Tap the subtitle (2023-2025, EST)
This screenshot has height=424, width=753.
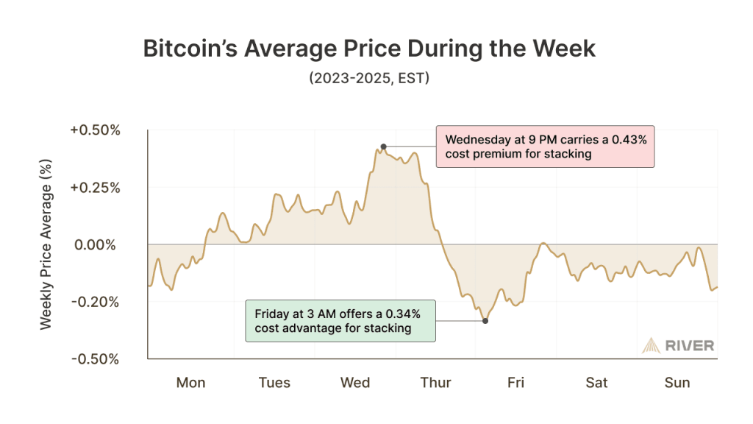tap(368, 78)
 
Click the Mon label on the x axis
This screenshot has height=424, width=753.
tap(190, 383)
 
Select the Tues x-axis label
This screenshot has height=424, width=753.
tap(274, 383)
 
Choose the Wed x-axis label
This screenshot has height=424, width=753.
tap(355, 383)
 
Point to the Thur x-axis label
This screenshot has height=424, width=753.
tap(436, 383)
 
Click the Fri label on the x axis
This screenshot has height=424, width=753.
tap(515, 383)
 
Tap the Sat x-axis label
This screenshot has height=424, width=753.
tap(596, 383)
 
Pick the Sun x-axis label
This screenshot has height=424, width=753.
tap(677, 383)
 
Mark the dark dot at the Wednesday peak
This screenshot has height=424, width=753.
tap(383, 146)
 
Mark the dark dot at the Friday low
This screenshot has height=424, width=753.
tap(485, 320)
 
